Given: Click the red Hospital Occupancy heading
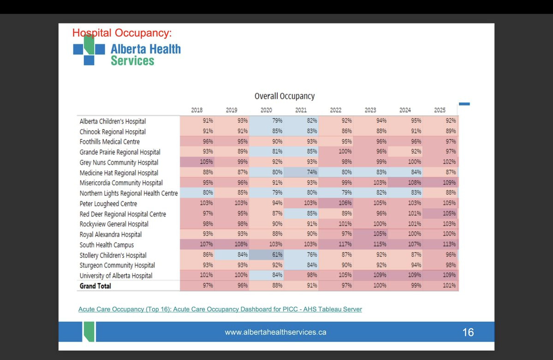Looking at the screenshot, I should tap(122, 33).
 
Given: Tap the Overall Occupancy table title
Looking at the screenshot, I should tap(285, 96).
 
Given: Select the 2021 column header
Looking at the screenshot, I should tap(301, 110).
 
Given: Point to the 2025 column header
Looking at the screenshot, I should tap(440, 110).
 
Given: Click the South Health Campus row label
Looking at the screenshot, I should tap(107, 245).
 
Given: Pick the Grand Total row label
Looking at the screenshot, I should tap(95, 286).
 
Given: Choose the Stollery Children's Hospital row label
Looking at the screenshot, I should tap(113, 255).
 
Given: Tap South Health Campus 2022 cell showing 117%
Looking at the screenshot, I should tap(336, 245).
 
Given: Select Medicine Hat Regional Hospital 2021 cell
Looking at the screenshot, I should tap(301, 173).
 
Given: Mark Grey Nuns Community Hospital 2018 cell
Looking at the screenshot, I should tap(197, 162).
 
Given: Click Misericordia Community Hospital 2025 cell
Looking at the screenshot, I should tap(440, 183).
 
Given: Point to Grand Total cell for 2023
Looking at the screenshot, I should tap(370, 286).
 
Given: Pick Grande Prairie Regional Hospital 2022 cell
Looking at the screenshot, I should tap(336, 152).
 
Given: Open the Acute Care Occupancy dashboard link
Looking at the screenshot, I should tap(220, 309).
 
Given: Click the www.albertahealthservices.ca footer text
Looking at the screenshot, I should tap(275, 332).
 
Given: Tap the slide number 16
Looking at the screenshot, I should tap(468, 332).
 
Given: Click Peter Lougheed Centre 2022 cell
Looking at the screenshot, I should tap(336, 204).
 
